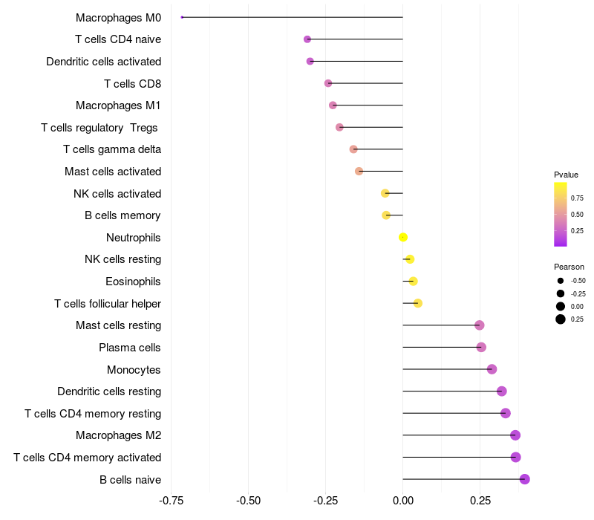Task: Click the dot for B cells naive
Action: coord(524,479)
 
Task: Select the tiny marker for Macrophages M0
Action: coord(182,17)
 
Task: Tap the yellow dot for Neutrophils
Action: coord(403,237)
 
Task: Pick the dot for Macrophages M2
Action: coord(515,435)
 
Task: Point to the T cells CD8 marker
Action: coord(328,83)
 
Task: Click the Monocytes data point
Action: coord(492,369)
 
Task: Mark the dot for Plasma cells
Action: coord(481,347)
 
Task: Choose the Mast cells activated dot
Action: coord(359,171)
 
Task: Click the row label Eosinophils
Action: coord(133,282)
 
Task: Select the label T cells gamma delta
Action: coord(112,149)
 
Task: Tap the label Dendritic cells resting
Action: coord(109,391)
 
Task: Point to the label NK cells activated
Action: coord(117,193)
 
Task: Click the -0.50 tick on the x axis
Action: coord(249,500)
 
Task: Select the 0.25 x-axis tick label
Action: coord(479,500)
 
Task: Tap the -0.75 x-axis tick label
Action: coord(172,500)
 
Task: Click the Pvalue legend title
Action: coord(566,175)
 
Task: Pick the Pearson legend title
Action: coord(569,267)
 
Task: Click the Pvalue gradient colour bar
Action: coord(561,214)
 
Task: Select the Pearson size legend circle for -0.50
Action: coord(561,281)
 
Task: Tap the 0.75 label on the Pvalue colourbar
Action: coord(577,198)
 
